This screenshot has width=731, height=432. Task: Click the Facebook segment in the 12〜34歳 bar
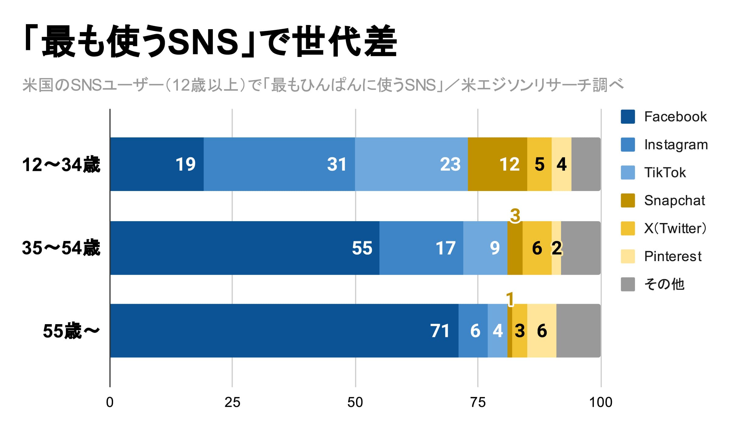point(157,164)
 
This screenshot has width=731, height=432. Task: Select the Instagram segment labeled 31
point(279,164)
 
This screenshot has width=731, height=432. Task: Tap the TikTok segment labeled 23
point(411,164)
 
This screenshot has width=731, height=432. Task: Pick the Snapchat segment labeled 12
point(497,164)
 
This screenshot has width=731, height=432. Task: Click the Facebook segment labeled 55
point(245,248)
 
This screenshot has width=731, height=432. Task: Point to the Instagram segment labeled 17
point(421,248)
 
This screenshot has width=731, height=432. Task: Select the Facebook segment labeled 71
point(284,331)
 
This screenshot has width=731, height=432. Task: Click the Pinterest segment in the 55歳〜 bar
point(542,331)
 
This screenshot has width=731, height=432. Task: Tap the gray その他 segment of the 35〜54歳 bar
point(581,248)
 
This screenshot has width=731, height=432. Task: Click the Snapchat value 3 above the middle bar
point(515,215)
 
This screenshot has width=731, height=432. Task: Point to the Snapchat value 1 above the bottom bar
point(510,299)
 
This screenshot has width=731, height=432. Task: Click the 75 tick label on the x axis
point(478,402)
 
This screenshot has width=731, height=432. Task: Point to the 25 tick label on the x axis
point(232,402)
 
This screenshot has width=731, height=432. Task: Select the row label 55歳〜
point(71,331)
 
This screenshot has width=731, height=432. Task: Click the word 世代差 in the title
point(346,41)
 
